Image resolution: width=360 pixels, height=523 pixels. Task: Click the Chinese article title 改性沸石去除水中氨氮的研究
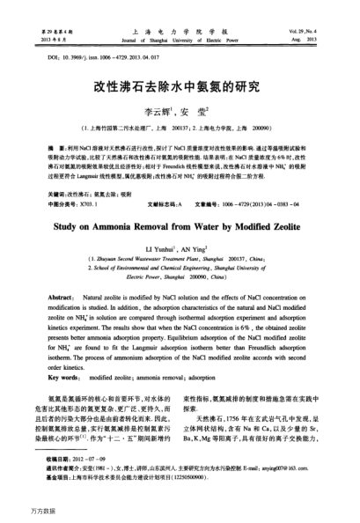click(181, 87)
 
